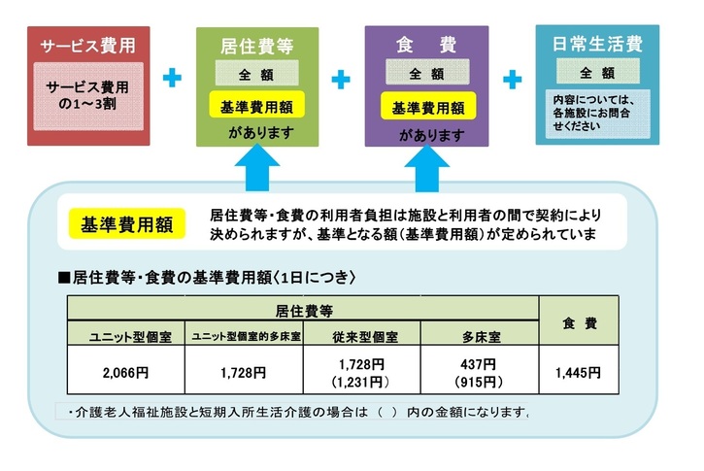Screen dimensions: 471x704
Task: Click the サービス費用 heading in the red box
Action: [87, 45]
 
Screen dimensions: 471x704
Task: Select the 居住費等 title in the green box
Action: [257, 45]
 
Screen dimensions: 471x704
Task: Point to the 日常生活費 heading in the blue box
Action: [596, 45]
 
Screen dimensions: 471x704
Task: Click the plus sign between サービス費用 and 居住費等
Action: [172, 78]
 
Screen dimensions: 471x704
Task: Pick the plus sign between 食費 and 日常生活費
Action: [512, 78]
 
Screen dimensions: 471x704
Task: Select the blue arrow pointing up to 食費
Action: [423, 168]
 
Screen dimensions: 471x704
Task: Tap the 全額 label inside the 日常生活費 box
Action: [596, 73]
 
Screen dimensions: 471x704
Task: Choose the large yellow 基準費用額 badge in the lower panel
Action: [120, 226]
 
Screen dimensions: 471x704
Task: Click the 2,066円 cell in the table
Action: [124, 372]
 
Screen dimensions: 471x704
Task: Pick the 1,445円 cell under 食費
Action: [578, 372]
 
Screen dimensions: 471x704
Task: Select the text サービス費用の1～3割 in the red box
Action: [87, 93]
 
